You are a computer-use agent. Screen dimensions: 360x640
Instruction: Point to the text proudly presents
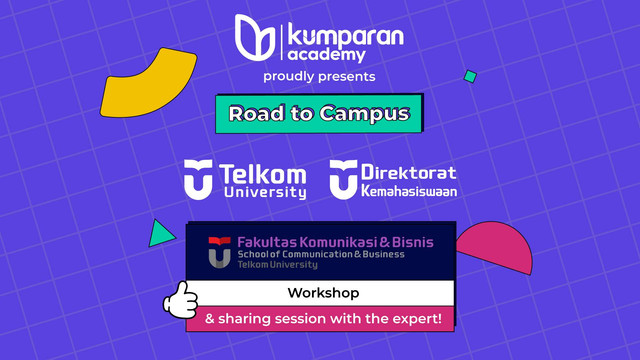pyautogui.click(x=319, y=76)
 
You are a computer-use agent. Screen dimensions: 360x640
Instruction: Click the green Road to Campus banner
pyautogui.click(x=319, y=113)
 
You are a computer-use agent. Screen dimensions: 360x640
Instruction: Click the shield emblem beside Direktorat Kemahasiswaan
pyautogui.click(x=343, y=178)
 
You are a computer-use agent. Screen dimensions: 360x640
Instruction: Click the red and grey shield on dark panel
pyautogui.click(x=218, y=251)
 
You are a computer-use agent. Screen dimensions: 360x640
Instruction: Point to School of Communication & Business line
pyautogui.click(x=321, y=255)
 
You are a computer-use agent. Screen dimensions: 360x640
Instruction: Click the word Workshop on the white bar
pyautogui.click(x=323, y=293)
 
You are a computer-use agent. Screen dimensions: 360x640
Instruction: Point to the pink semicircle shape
pyautogui.click(x=496, y=248)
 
